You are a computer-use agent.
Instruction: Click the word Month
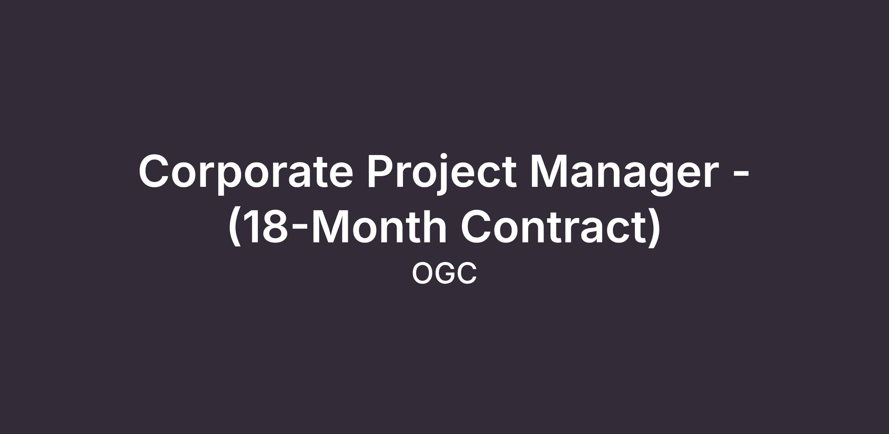(x=379, y=226)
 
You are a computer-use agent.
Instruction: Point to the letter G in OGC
(x=445, y=273)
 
